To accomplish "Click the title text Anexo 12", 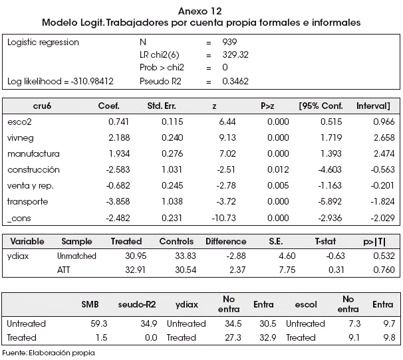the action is click(200, 11).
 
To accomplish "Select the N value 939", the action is click(229, 42).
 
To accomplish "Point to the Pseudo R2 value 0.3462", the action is click(235, 81).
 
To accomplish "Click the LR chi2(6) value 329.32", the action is click(235, 54).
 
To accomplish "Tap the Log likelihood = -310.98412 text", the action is click(61, 82).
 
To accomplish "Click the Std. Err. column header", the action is click(162, 106).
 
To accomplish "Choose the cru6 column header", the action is click(42, 106).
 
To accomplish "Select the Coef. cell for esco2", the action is click(118, 122).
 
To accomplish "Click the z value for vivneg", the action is click(227, 137).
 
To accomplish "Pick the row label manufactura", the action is click(33, 154).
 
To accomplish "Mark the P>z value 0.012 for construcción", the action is click(278, 169).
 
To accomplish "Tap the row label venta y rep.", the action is click(31, 186).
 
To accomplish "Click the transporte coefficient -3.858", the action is click(118, 201).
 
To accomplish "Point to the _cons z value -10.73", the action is click(223, 218).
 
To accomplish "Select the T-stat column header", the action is click(325, 241).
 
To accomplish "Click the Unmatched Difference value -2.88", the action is click(236, 256).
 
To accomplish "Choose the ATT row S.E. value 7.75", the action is click(287, 270).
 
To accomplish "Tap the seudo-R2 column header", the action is click(137, 304).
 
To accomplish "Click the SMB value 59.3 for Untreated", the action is click(98, 323).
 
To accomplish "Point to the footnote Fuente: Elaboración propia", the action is click(49, 353).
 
